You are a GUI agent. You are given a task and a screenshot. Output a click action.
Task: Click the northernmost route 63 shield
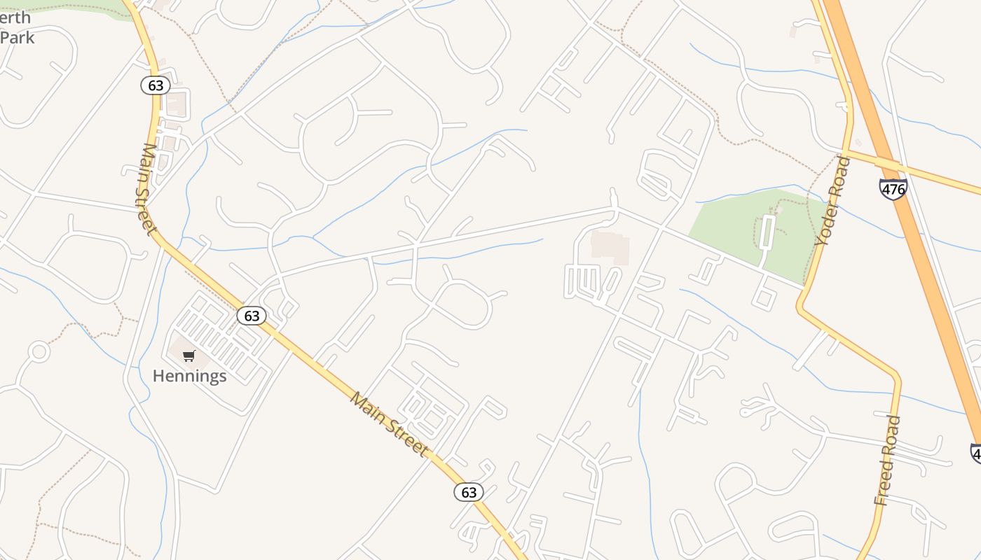[156, 85]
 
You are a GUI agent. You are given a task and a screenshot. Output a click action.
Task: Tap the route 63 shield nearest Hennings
[252, 316]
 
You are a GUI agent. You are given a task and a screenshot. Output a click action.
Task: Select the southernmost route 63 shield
[468, 492]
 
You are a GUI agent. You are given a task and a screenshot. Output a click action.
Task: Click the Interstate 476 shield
[893, 188]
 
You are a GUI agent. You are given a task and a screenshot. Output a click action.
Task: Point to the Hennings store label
[189, 376]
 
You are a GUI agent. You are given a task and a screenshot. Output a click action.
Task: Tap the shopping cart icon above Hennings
[188, 356]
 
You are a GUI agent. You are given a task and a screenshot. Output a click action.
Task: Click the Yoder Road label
[832, 201]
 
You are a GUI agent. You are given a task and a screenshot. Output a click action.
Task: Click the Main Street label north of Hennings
[146, 189]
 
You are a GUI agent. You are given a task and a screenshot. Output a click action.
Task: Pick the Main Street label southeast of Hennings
[389, 424]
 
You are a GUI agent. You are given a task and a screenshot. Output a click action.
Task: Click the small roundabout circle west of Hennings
[39, 351]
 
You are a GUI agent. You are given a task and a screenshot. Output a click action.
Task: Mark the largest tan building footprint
[610, 248]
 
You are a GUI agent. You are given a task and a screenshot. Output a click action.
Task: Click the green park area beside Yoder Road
[736, 224]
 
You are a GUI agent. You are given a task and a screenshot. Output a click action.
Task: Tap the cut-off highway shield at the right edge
[975, 453]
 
